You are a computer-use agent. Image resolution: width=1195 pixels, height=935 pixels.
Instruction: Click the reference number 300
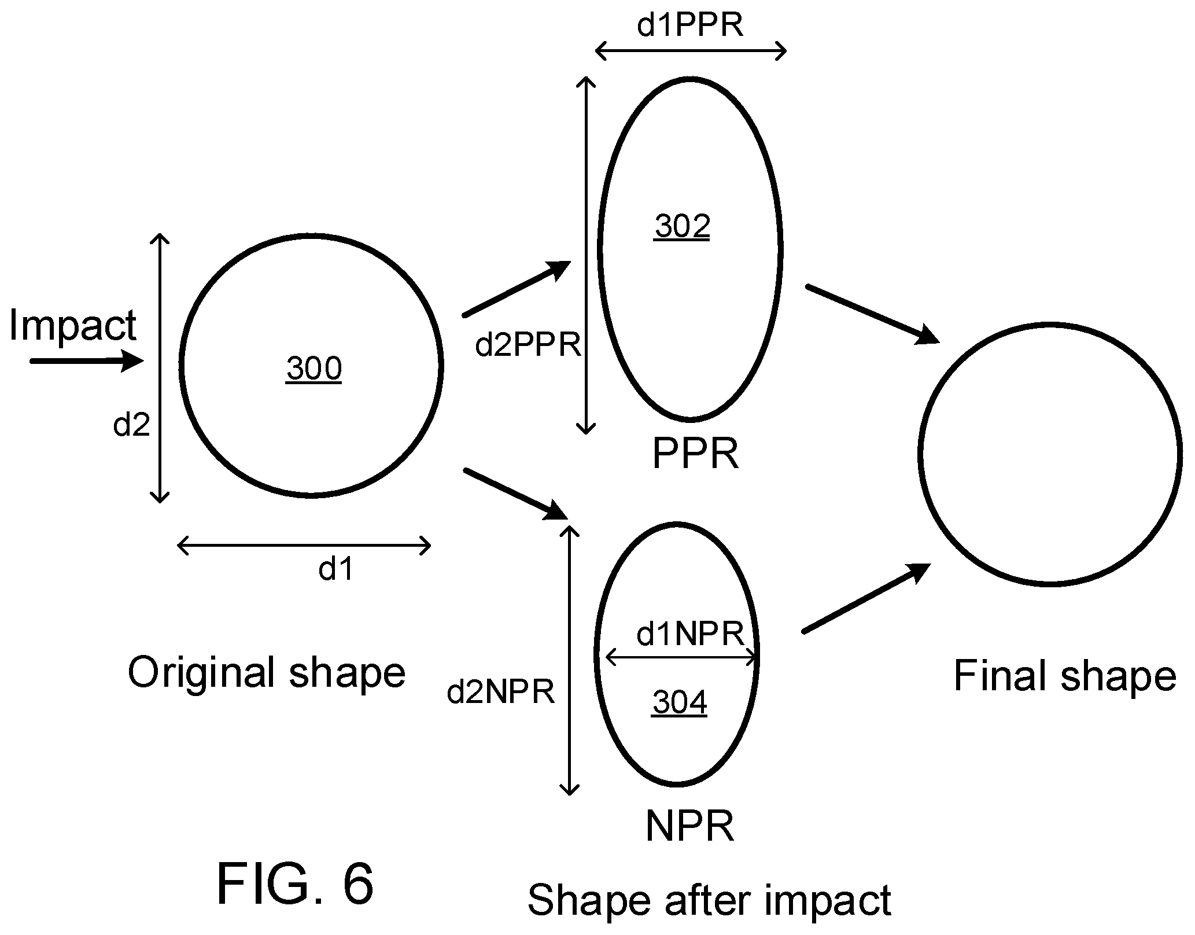(x=314, y=369)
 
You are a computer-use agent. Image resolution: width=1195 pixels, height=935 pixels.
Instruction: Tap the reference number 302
(x=683, y=226)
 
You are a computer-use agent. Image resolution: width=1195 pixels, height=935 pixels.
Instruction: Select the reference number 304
(x=680, y=703)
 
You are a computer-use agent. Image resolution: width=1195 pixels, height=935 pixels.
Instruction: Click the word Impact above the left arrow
(x=73, y=325)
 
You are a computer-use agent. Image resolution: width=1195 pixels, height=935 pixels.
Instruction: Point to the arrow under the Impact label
(x=86, y=362)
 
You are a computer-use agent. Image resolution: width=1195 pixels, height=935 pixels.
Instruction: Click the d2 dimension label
(x=132, y=425)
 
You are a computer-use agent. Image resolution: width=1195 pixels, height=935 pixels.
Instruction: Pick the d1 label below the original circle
(x=336, y=569)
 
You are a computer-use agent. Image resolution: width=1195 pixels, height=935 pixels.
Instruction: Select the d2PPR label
(x=528, y=345)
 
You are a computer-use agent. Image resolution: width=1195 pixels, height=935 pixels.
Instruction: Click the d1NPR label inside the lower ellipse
(x=690, y=635)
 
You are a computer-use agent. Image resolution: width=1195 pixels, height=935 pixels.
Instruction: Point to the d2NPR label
(x=501, y=691)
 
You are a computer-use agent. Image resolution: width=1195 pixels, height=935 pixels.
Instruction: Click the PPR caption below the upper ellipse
(x=695, y=454)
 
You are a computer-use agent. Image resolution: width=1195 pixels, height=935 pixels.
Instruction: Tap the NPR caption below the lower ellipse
(x=689, y=826)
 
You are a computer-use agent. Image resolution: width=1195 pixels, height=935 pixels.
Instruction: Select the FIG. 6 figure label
(x=296, y=884)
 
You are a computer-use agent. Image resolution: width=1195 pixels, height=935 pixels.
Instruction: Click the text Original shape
(x=267, y=672)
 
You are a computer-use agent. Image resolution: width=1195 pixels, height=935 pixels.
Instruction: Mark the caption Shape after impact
(x=709, y=901)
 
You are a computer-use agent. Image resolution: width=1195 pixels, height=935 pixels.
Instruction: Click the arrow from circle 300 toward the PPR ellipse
(x=517, y=289)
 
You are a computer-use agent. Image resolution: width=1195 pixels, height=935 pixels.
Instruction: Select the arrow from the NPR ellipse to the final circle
(x=866, y=598)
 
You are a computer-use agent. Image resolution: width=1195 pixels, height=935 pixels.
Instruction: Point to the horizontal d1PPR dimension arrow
(x=691, y=51)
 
